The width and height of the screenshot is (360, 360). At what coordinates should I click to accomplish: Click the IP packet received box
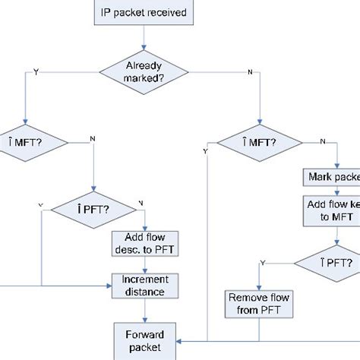[144, 12]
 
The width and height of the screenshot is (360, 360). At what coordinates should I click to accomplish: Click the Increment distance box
[145, 286]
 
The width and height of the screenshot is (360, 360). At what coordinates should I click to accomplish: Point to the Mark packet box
[331, 177]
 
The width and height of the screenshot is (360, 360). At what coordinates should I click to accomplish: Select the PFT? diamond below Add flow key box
[327, 263]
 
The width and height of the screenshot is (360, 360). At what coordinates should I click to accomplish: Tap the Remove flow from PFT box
[257, 304]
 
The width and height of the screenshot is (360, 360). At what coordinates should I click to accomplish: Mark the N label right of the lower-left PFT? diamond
[140, 201]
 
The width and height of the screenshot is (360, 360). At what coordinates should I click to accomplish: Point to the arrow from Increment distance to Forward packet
[144, 311]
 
